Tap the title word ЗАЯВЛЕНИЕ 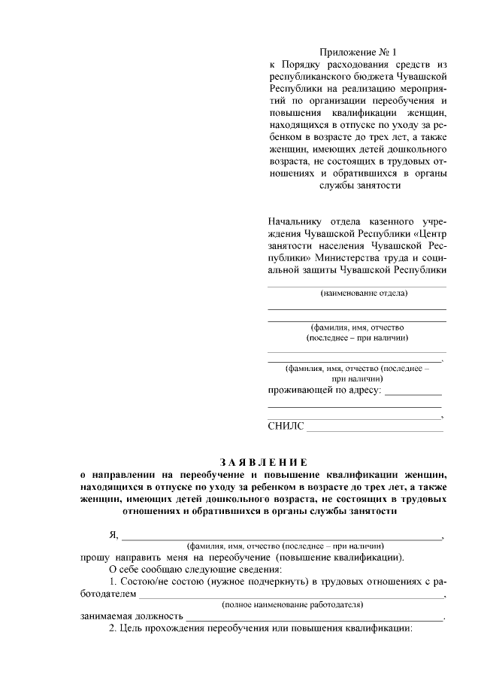pos(263,461)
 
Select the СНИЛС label pos(286,427)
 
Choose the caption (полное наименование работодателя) pos(292,604)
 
